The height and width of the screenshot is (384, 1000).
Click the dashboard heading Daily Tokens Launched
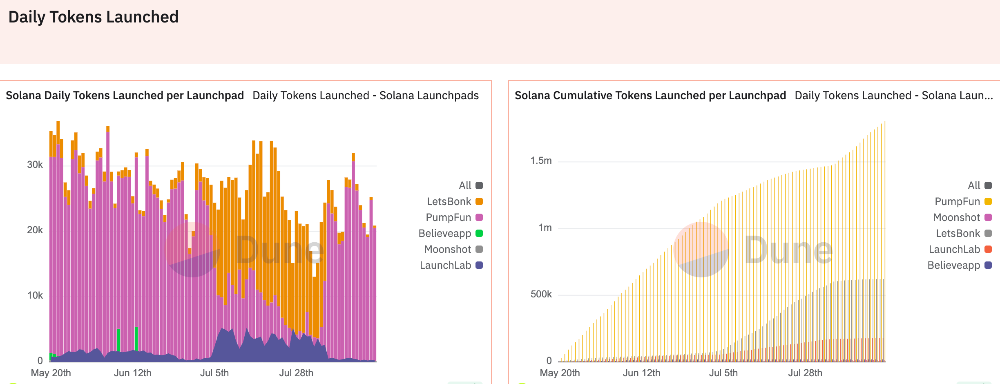coord(93,17)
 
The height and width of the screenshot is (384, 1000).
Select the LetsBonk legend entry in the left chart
coord(449,201)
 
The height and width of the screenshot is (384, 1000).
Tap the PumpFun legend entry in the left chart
coord(449,217)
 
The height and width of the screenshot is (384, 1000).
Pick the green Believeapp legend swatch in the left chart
coord(479,233)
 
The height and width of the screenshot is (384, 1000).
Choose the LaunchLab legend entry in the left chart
coord(446,265)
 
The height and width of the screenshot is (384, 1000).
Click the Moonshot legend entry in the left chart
coord(448,249)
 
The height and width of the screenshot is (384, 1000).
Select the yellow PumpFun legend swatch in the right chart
coord(988,201)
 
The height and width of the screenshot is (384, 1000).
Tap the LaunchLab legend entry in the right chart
coord(954,249)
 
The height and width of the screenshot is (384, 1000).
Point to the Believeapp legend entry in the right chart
coord(954,265)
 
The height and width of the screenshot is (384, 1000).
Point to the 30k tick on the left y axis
coord(35,165)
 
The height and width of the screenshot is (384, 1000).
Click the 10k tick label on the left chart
coord(35,295)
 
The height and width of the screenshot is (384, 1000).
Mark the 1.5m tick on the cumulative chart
coord(541,161)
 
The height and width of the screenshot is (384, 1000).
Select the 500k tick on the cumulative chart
coord(541,294)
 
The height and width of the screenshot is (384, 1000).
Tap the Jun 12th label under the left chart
coord(132,373)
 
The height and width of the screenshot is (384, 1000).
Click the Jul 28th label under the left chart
coord(296,373)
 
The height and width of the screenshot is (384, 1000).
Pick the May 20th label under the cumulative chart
coord(560,373)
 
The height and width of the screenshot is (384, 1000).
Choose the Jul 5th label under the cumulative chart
coord(723,373)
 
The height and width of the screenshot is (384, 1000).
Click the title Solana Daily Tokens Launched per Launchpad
coord(125,96)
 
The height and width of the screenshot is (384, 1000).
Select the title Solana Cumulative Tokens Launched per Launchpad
coord(650,96)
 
